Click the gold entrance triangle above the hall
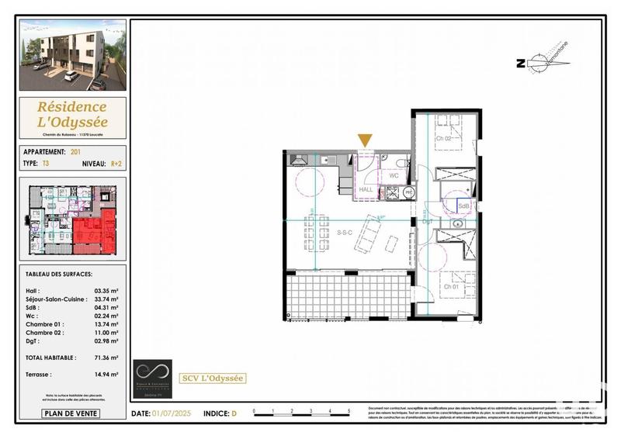tap(365, 140)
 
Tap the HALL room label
tap(366, 190)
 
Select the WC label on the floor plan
tap(393, 176)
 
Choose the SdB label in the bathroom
tap(463, 206)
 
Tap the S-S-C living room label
tap(345, 232)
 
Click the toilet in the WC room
tap(400, 163)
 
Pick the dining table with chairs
tap(315, 233)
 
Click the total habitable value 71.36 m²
tap(107, 358)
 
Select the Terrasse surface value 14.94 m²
tap(107, 375)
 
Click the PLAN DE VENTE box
tap(71, 413)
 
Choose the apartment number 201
tap(75, 152)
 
